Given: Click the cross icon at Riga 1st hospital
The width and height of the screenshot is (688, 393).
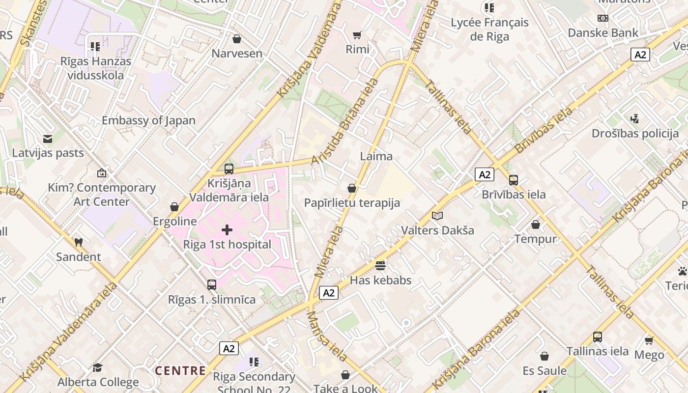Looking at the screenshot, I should (x=227, y=229).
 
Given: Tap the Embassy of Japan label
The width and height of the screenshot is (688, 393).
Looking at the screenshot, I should (x=148, y=120).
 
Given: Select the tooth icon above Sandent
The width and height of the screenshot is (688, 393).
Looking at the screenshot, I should (x=78, y=242).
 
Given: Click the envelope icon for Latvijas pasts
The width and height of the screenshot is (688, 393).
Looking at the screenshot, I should (x=48, y=139).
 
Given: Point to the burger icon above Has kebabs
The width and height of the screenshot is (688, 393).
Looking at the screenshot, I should (x=380, y=266).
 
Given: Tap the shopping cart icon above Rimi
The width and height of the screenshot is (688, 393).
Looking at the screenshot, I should (x=357, y=35).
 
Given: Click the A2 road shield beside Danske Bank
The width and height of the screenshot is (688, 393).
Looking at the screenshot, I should (x=640, y=55).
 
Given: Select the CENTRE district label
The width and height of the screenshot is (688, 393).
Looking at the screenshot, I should (x=180, y=371).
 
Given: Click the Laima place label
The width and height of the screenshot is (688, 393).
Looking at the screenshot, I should (x=376, y=156).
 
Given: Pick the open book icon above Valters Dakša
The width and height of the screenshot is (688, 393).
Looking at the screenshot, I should (x=437, y=216).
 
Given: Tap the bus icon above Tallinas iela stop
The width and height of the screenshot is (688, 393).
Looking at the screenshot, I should (x=598, y=337).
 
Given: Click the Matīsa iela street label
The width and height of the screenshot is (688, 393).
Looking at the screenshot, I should (x=327, y=336).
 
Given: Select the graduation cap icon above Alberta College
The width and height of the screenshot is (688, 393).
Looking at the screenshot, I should (x=98, y=368).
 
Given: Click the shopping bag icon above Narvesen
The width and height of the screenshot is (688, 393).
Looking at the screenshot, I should (x=237, y=39).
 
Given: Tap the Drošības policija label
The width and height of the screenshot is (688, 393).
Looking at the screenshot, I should (x=635, y=134).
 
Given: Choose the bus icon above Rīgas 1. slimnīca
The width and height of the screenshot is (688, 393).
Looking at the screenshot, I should (x=212, y=284).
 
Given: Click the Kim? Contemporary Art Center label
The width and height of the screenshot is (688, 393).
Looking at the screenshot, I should (x=102, y=195).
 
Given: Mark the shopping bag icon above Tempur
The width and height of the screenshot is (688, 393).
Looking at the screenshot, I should (x=536, y=225).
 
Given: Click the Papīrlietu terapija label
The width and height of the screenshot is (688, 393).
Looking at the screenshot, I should (x=352, y=203).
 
